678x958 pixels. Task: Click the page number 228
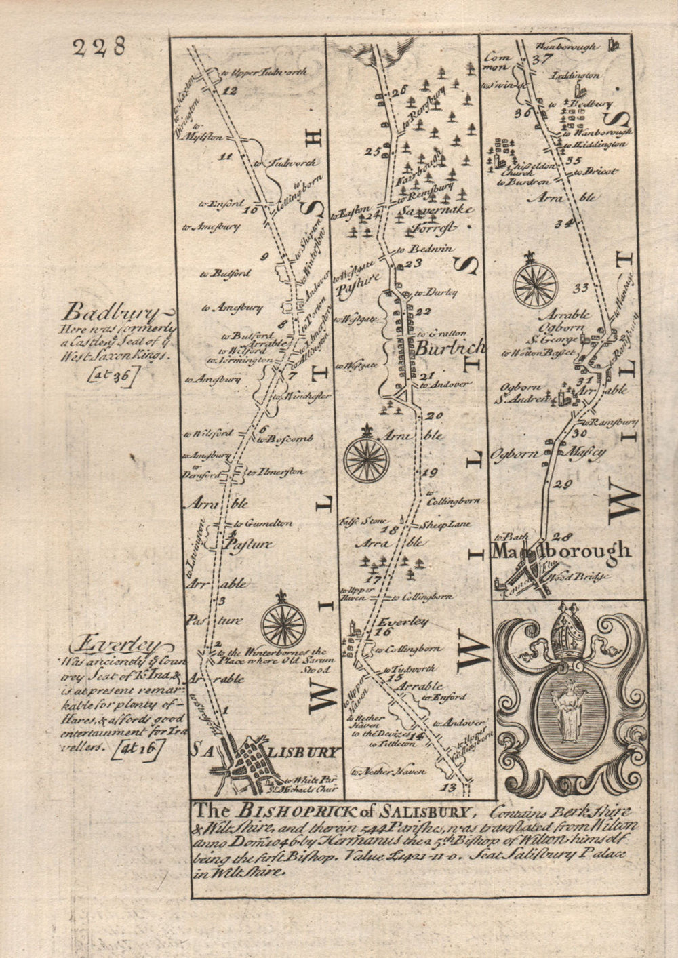pyautogui.click(x=99, y=47)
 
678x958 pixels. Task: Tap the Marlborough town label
pyautogui.click(x=562, y=551)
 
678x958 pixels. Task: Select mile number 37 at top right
pyautogui.click(x=540, y=58)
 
